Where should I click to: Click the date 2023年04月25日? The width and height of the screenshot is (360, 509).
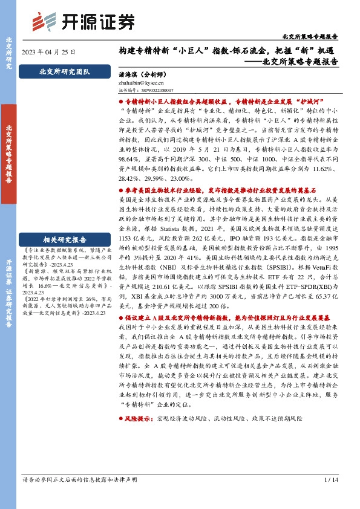tap(49, 52)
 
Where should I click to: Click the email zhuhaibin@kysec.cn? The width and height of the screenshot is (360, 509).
tap(138, 86)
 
